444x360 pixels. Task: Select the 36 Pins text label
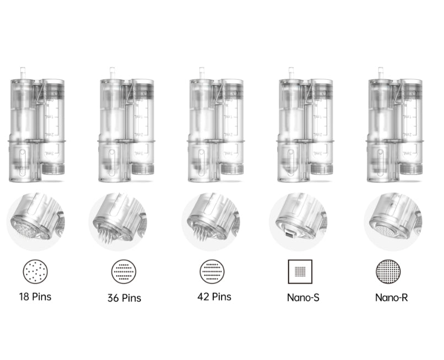[x=124, y=298]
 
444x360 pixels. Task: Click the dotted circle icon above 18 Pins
[x=35, y=271]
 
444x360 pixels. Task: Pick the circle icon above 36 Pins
[x=124, y=271]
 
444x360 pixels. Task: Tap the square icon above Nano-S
[x=300, y=271]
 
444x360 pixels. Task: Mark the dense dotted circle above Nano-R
[x=388, y=271]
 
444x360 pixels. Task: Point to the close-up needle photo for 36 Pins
[x=118, y=221]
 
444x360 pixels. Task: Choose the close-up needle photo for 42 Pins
[x=210, y=221]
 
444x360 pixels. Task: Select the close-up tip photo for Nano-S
[x=298, y=221]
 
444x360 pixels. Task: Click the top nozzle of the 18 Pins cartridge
[x=23, y=73]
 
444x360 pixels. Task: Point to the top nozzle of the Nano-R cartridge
[x=380, y=73]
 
